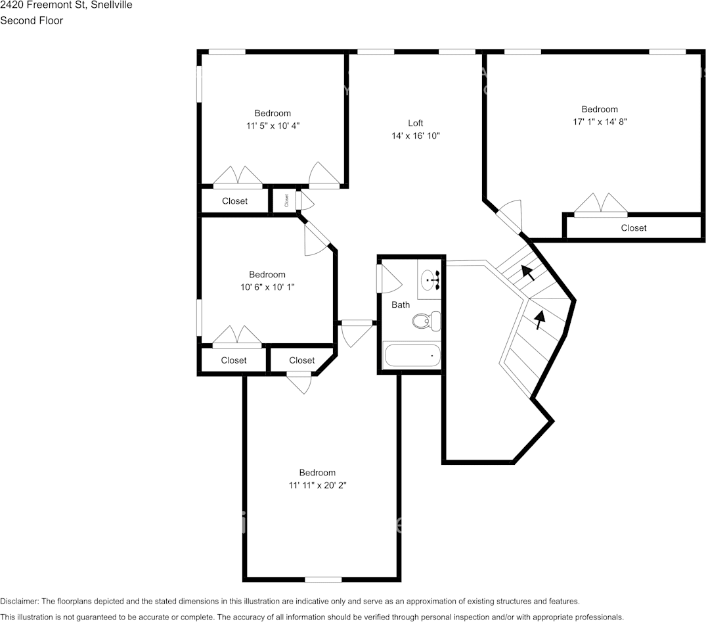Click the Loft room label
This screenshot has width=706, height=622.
coord(415,123)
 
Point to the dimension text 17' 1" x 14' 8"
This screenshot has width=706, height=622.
coord(600,122)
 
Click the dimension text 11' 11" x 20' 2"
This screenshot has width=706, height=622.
coord(317,485)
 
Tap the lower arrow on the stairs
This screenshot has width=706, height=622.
coord(539,319)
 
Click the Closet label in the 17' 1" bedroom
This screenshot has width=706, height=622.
coord(633,228)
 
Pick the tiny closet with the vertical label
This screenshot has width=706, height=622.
coord(286,201)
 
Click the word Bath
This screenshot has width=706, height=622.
coord(401,304)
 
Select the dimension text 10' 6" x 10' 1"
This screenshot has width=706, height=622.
coord(267,287)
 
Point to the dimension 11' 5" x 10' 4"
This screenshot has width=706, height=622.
coord(273,126)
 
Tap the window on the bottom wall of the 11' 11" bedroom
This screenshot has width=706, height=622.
coord(323,579)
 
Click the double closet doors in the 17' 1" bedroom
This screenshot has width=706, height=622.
coord(600,205)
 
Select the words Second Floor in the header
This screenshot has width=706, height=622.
coord(32,20)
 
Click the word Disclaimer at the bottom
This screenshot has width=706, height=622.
coord(19,602)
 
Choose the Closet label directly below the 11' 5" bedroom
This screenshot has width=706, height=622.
coord(234,201)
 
